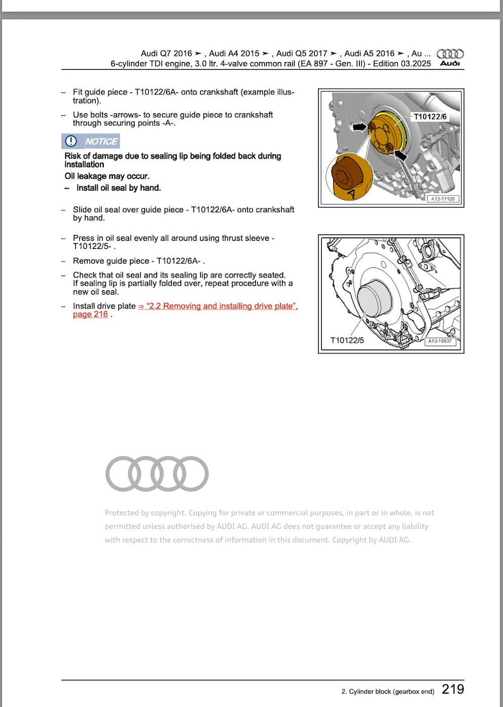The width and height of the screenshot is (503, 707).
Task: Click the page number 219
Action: [x=452, y=689]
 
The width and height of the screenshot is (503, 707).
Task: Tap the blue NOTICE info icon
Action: [x=71, y=141]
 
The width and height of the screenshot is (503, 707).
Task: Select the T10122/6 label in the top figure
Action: [x=430, y=117]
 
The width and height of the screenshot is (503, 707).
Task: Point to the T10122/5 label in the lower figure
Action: [x=347, y=341]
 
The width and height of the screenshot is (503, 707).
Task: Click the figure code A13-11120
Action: [x=443, y=198]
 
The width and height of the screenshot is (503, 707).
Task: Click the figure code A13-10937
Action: [x=442, y=341]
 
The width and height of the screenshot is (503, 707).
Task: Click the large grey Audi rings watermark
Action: [x=156, y=473]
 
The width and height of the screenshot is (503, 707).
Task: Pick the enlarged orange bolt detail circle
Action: [x=348, y=177]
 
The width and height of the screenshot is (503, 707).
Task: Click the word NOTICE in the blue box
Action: [x=101, y=141]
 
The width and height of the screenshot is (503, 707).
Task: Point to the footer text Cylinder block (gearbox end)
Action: [x=387, y=691]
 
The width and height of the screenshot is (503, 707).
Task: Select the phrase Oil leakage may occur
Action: [x=107, y=176]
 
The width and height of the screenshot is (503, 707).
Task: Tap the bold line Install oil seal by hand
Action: [x=118, y=188]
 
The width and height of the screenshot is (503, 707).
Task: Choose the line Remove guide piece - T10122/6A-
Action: [x=139, y=261]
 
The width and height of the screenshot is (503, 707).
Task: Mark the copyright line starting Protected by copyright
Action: [x=269, y=513]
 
